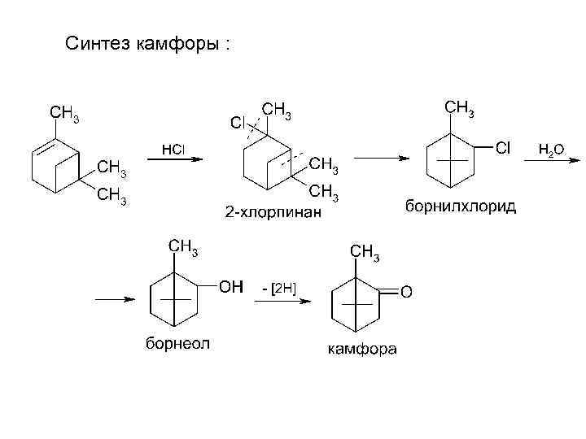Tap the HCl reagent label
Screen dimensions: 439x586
click(x=173, y=149)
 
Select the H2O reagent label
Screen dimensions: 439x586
click(x=551, y=149)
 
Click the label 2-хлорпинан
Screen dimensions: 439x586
click(x=273, y=213)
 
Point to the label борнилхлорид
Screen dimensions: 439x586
click(x=460, y=206)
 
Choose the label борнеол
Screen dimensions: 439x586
click(x=177, y=343)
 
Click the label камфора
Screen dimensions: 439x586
click(x=362, y=350)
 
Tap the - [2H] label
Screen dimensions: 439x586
click(x=279, y=288)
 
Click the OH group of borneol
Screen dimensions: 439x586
click(x=230, y=286)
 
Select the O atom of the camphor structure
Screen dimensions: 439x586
click(x=407, y=290)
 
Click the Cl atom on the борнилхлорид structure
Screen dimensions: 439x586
click(x=503, y=147)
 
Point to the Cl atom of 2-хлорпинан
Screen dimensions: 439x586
click(x=237, y=123)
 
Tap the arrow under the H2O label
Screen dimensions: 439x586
click(x=547, y=160)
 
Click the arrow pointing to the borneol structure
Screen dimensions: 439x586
click(x=115, y=299)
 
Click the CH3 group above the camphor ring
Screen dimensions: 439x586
click(x=364, y=252)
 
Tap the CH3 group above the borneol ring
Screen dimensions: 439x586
click(x=182, y=246)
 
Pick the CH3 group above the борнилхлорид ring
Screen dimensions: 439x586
click(x=460, y=106)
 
